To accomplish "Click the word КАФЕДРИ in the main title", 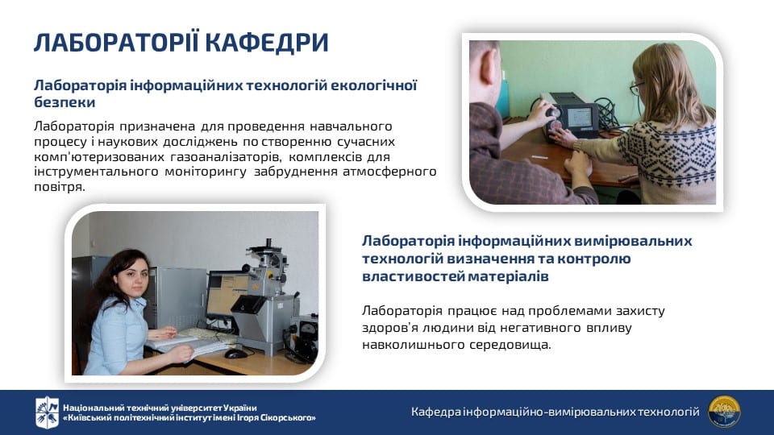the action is [x=267, y=43].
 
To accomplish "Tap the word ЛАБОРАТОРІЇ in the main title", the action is [x=116, y=43].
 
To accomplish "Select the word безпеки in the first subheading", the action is [x=64, y=102].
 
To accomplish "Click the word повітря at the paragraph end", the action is [x=59, y=188].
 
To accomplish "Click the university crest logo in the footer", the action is [x=47, y=412].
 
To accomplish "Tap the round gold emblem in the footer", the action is [x=724, y=412].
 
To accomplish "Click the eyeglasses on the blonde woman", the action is [x=637, y=88].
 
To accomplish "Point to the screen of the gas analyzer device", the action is [x=579, y=117].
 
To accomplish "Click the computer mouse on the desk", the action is [x=235, y=353].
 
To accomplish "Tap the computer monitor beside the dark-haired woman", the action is [x=227, y=296].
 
